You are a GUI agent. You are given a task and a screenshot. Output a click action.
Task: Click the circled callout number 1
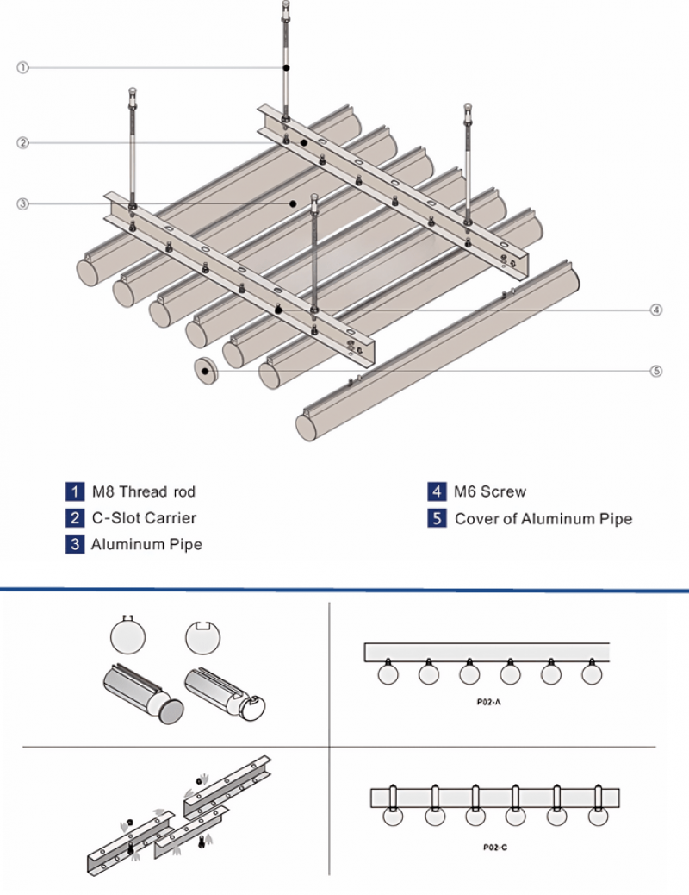pyautogui.click(x=23, y=67)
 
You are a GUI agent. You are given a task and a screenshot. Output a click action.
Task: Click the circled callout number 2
pyautogui.click(x=23, y=143)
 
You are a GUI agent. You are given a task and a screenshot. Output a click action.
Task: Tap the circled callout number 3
pyautogui.click(x=23, y=203)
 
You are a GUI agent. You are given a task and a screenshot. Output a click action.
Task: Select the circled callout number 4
pyautogui.click(x=656, y=310)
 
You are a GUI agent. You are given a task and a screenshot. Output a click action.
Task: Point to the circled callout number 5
pyautogui.click(x=656, y=372)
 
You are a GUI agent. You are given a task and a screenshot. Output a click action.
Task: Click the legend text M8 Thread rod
pyautogui.click(x=144, y=492)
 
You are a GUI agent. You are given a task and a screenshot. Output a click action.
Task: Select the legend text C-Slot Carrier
pyautogui.click(x=145, y=518)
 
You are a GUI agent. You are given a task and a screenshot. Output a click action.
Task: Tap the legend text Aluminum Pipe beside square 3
pyautogui.click(x=146, y=544)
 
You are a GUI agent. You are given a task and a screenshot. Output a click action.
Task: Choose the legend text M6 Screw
pyautogui.click(x=490, y=492)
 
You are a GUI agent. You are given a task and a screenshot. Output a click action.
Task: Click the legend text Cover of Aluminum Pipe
pyautogui.click(x=543, y=519)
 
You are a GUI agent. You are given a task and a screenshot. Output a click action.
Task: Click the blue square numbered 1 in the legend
pyautogui.click(x=75, y=492)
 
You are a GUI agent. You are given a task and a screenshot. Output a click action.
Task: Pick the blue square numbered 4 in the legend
pyautogui.click(x=438, y=492)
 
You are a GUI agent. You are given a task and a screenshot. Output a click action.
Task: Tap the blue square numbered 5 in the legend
pyautogui.click(x=438, y=519)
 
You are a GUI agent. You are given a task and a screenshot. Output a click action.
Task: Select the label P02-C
pyautogui.click(x=495, y=847)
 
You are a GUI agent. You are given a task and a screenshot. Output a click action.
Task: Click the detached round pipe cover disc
pyautogui.click(x=206, y=371)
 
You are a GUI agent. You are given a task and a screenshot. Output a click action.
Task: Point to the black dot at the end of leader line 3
pyautogui.click(x=293, y=203)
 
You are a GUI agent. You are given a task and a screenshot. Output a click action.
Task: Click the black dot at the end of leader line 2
pyautogui.click(x=303, y=141)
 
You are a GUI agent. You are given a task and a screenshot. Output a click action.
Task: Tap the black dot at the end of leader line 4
pyautogui.click(x=277, y=310)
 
